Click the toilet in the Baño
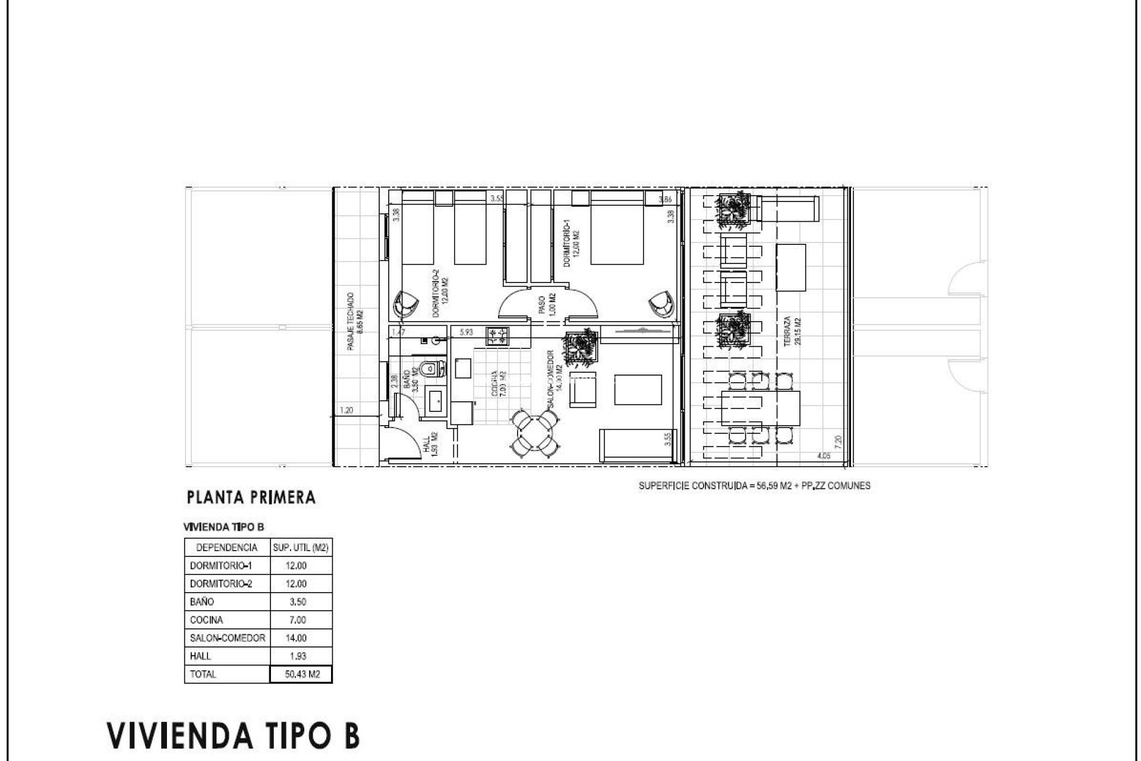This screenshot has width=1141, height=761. [431, 369]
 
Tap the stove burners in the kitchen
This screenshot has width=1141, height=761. [497, 337]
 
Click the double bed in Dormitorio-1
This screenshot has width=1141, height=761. [617, 228]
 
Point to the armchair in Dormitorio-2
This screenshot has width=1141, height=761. [406, 305]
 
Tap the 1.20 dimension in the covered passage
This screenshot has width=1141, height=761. [347, 410]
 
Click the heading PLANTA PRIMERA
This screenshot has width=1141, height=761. [251, 498]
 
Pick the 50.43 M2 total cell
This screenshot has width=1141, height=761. [301, 674]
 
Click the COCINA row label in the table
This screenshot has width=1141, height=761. [207, 620]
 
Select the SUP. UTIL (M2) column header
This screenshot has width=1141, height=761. [301, 547]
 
